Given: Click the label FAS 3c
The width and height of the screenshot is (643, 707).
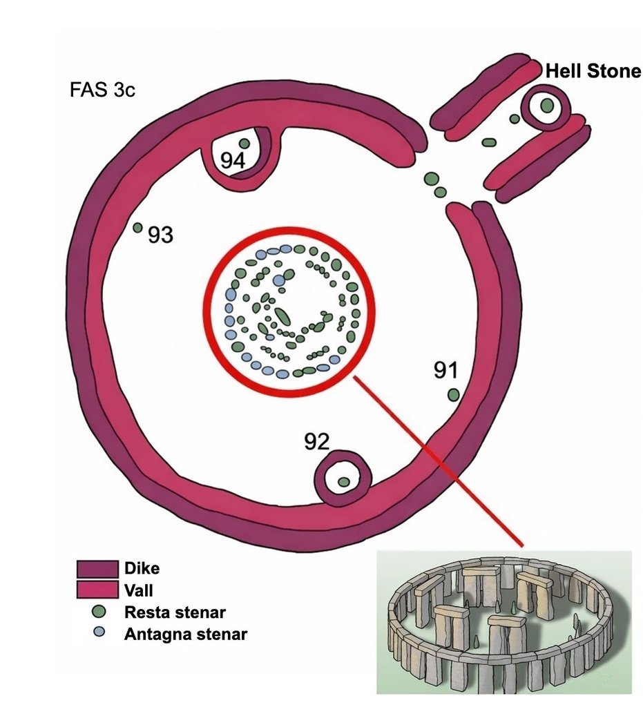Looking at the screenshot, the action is click(x=102, y=90).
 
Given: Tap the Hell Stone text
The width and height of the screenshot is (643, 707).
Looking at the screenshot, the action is click(x=593, y=71).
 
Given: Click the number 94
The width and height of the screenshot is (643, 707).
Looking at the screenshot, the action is click(x=233, y=160).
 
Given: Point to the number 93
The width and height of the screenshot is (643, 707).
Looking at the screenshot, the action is click(x=161, y=235).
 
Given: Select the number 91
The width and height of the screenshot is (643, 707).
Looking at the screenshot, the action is click(x=446, y=370).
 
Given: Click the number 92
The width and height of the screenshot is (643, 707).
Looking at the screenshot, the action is click(x=317, y=442).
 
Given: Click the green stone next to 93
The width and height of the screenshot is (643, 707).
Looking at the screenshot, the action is click(x=138, y=228).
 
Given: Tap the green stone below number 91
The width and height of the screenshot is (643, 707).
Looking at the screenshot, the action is click(x=454, y=396).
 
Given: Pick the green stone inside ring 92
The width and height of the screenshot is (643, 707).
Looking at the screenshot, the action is click(x=344, y=481).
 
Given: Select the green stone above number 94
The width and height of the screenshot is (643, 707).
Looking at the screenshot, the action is click(x=244, y=144).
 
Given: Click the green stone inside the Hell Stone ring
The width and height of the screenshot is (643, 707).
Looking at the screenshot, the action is click(x=548, y=106).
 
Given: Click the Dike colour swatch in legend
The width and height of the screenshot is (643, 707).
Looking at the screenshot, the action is click(x=98, y=569).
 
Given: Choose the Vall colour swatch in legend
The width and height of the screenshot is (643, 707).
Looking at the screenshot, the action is click(x=98, y=590).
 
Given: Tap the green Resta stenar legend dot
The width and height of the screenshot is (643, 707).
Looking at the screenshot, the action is click(x=99, y=612).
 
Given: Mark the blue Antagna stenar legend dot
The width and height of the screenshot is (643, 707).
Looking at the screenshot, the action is click(x=99, y=632).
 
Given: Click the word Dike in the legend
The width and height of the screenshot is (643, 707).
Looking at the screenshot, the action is click(x=142, y=568).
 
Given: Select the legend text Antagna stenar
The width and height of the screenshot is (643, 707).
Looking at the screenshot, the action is click(x=186, y=635).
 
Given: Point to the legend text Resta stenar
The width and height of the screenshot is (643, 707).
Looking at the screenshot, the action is click(x=175, y=612).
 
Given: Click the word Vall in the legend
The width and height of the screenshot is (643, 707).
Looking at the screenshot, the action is click(x=139, y=590).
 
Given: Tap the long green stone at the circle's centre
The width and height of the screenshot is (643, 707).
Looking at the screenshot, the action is click(x=282, y=316).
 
